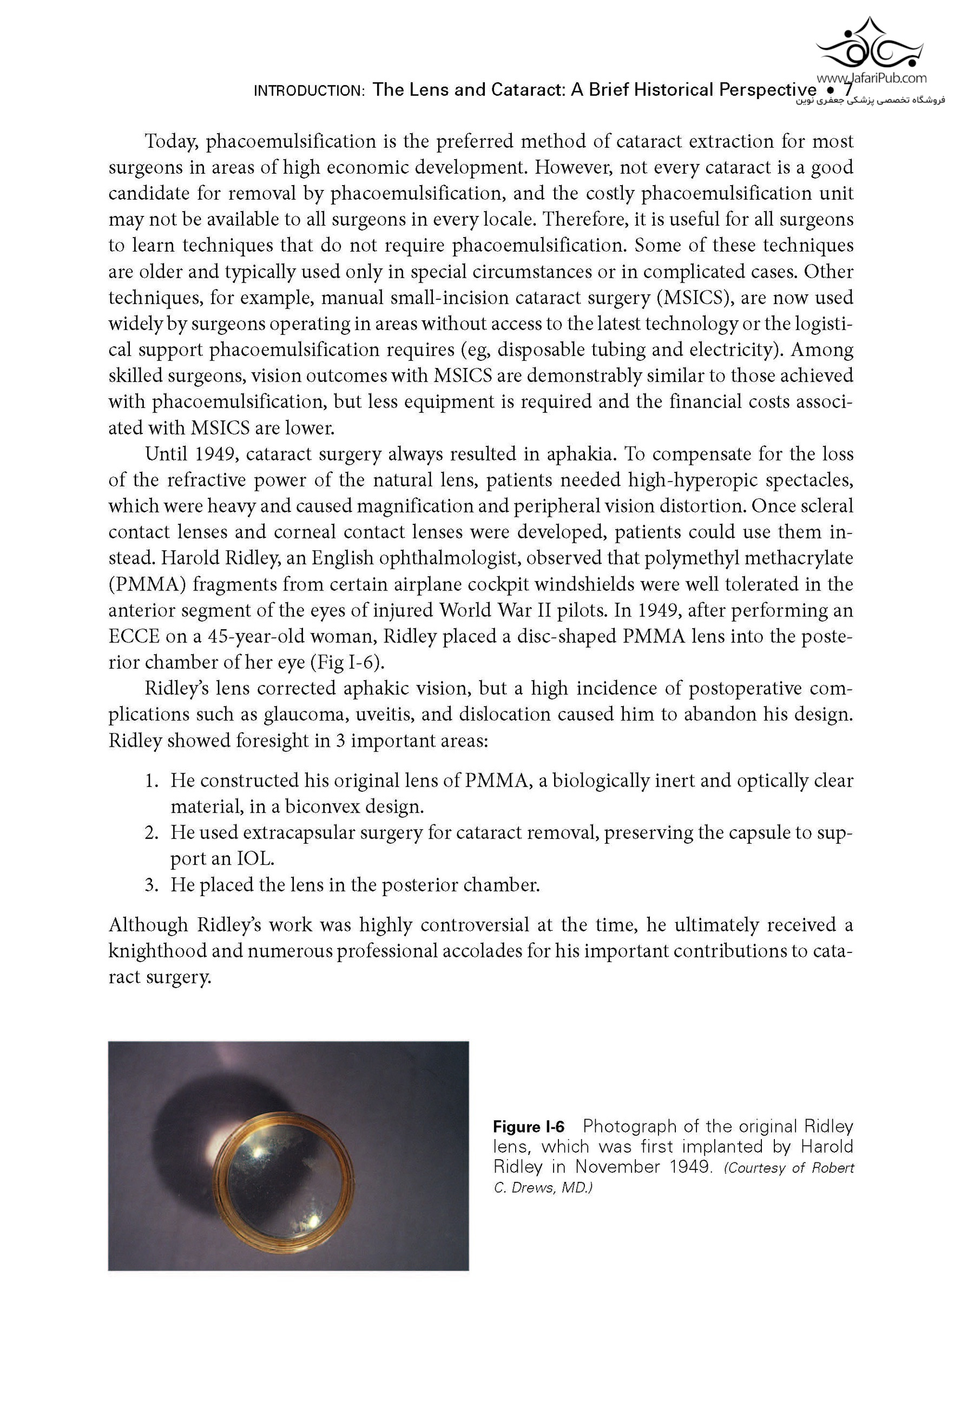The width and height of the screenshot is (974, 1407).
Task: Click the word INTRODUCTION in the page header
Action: coord(309,91)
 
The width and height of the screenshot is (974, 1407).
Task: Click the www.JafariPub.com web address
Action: coord(871,77)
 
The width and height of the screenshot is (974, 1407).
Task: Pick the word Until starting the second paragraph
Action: coord(166,454)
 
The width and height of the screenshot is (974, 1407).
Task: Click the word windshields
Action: coord(584,584)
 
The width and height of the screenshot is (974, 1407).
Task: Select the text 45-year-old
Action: coord(261,636)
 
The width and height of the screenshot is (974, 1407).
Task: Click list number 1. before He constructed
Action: coord(152,780)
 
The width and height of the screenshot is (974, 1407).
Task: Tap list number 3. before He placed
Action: coord(152,885)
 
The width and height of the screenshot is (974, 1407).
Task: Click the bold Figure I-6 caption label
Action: coord(529,1126)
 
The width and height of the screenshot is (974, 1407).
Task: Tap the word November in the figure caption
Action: coord(617,1167)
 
